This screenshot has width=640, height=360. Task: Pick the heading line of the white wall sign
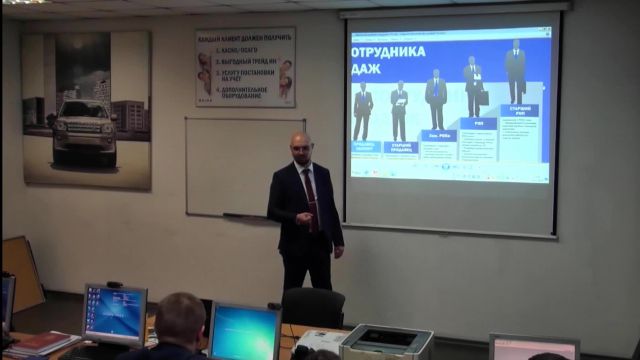[x=245, y=36]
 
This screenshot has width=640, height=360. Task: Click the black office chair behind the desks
[x=313, y=306]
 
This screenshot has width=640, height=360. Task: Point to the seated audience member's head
[x=180, y=318]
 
